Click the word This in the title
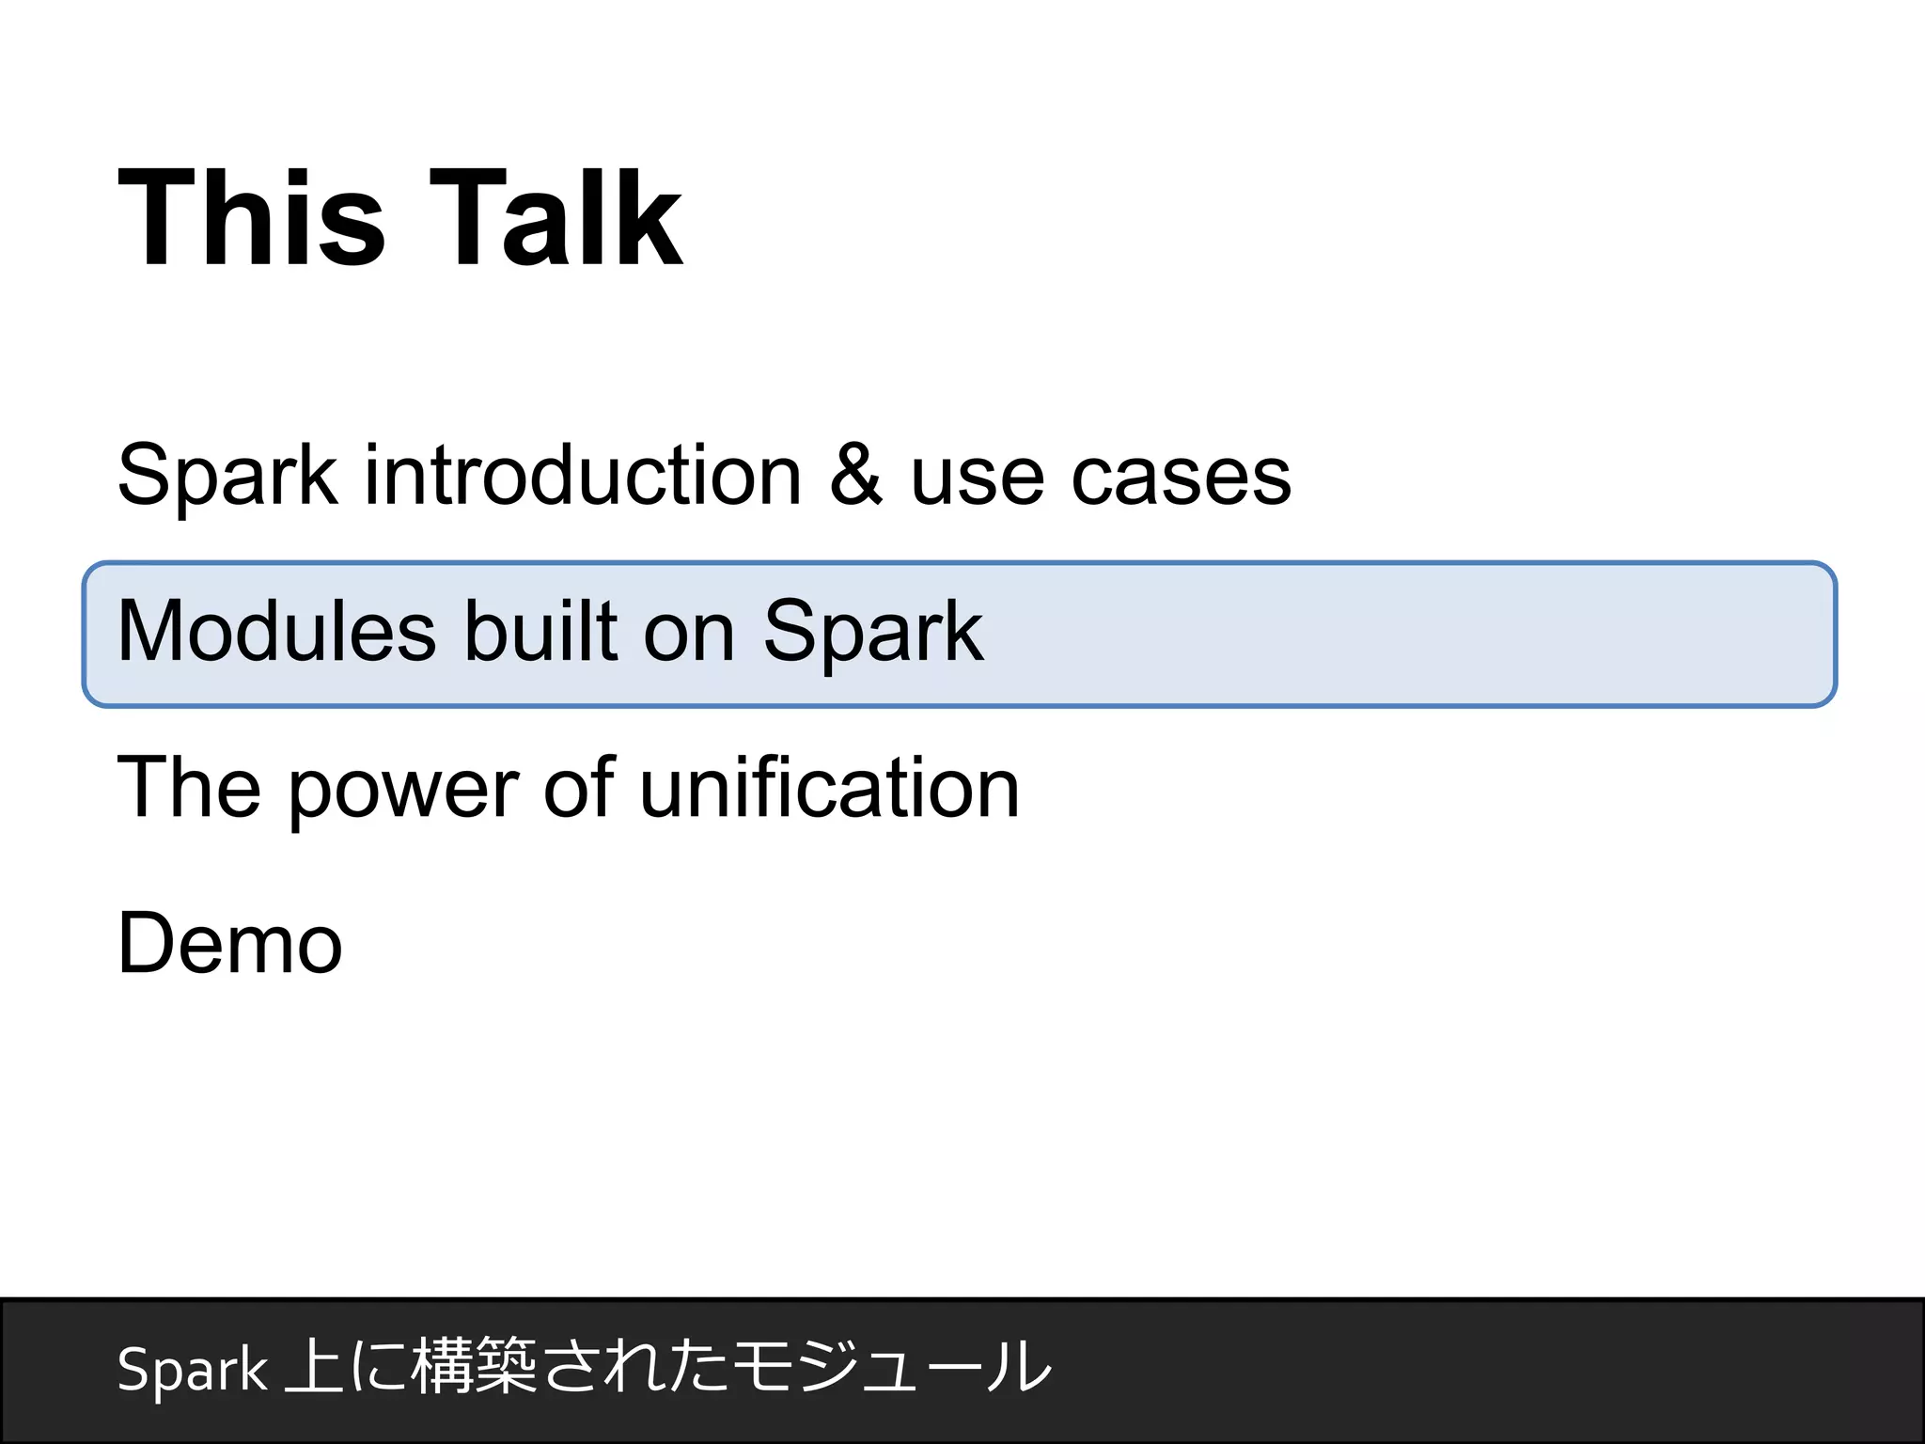point(251,218)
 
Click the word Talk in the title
point(556,218)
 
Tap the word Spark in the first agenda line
point(227,477)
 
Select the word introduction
point(583,477)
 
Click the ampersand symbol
point(856,477)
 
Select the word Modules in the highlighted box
point(277,632)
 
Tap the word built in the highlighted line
point(540,632)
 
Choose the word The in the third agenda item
point(189,788)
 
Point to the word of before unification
point(579,788)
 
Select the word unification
point(829,788)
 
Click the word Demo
point(230,944)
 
